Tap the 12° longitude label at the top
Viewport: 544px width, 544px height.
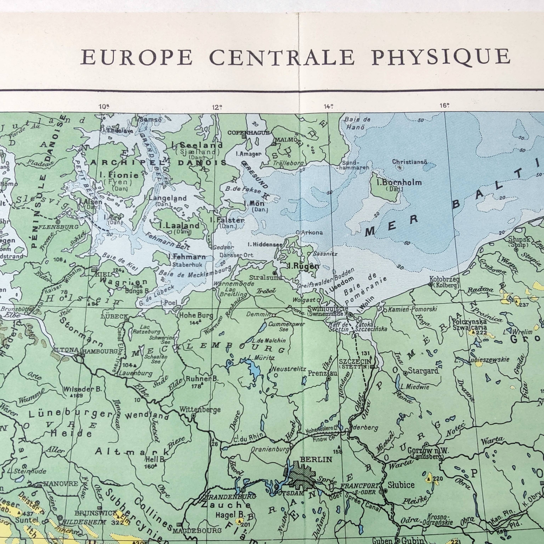[217, 107]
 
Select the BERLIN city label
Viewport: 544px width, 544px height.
[316, 460]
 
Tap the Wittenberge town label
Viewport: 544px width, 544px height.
[200, 410]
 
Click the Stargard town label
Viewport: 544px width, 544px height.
[423, 371]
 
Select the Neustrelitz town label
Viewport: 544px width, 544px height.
[289, 369]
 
